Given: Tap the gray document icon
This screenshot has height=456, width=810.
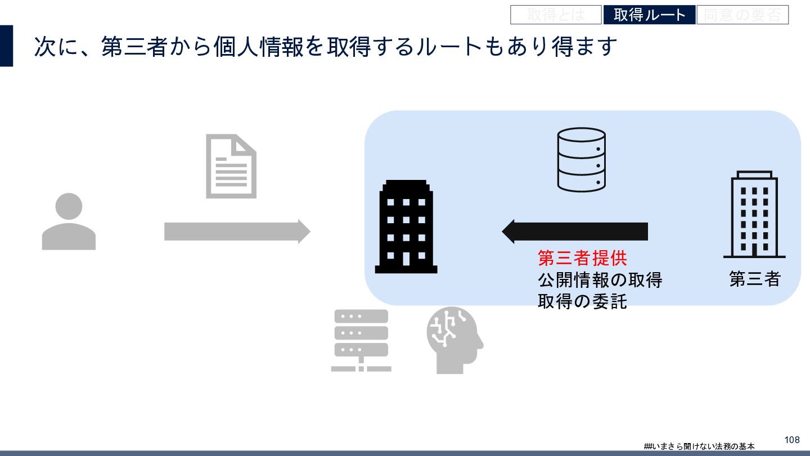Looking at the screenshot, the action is tap(231, 166).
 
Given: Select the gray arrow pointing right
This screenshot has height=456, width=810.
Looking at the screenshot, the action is tap(237, 231).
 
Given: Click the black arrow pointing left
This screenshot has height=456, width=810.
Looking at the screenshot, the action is tap(575, 231).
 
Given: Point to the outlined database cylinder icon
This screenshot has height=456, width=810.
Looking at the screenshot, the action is tap(581, 159).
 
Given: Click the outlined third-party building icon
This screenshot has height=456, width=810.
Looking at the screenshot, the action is tap(754, 214).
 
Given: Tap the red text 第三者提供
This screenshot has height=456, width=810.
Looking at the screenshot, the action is tap(582, 258).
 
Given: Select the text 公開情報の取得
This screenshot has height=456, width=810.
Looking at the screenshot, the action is tap(600, 280).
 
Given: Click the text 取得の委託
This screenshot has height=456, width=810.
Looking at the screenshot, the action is tap(582, 302).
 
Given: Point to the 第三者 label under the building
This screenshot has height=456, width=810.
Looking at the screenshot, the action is tap(755, 279).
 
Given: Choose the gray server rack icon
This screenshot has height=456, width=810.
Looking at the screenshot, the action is tap(361, 340).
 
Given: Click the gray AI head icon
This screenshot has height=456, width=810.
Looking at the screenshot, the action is tap(454, 340).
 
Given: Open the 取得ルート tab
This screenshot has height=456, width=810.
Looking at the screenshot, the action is tap(649, 15).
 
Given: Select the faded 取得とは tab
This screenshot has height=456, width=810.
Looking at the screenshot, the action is tap(556, 15).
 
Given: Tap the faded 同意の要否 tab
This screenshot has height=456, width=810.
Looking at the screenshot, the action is tap(742, 15).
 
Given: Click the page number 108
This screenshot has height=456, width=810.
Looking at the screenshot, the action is tap(791, 440).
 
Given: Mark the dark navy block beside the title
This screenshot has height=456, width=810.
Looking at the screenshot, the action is tap(6, 46).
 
